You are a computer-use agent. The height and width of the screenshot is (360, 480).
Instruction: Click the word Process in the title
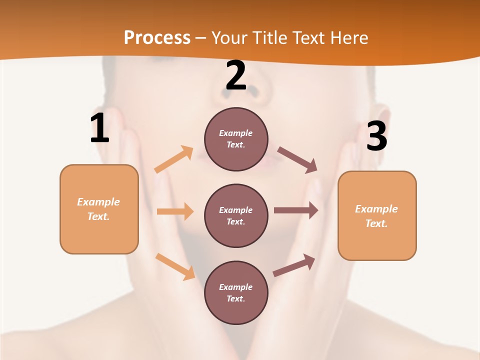point(157,37)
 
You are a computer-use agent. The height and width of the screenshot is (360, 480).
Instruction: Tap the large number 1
point(99,128)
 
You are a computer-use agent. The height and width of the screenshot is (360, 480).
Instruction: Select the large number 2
point(236,75)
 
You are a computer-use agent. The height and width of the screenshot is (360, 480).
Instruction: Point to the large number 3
point(377,136)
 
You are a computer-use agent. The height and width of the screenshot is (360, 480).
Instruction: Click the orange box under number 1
point(99,209)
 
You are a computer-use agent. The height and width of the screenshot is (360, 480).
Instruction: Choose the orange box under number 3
point(377,215)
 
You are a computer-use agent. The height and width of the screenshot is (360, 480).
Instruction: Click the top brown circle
point(236,139)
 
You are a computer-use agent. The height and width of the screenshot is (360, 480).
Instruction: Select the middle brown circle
point(236,215)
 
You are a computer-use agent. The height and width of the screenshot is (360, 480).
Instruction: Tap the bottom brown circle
point(236,292)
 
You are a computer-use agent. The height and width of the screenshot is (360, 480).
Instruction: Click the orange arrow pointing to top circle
point(174,159)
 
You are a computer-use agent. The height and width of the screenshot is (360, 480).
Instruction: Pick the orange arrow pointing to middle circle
point(175,211)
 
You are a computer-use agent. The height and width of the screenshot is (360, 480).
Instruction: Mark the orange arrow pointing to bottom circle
point(175,266)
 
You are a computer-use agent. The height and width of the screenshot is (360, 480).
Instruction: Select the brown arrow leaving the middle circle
point(296,210)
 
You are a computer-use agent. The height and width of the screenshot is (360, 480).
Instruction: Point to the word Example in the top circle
point(235,133)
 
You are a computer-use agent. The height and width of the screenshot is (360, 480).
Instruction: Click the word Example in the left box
point(98,202)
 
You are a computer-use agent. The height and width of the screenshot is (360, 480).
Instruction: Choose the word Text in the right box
point(376,223)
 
